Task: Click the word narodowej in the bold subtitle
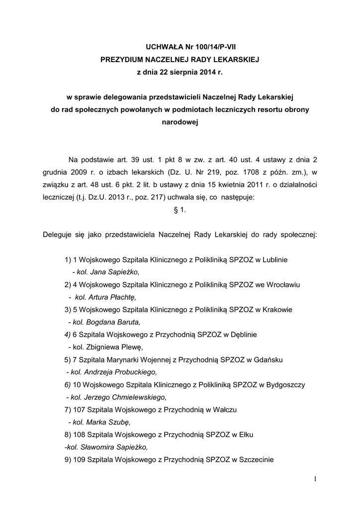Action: coord(180,121)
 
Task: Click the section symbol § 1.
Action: coord(180,210)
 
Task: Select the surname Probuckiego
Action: coord(133,371)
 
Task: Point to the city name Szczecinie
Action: coord(257,459)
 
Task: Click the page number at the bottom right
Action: coord(315,479)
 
